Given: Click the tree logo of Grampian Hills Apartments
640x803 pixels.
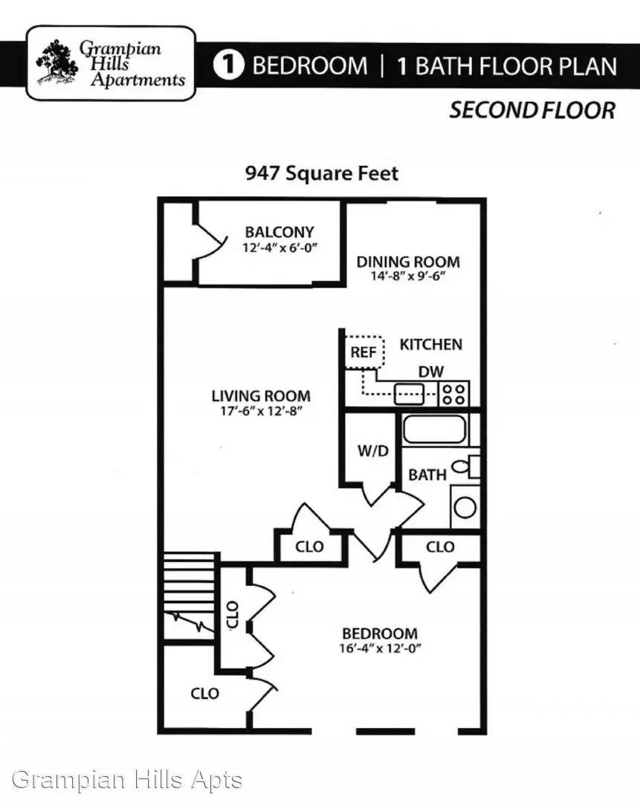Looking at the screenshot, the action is coord(56,62).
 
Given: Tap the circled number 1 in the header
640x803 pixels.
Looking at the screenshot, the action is coord(228,65).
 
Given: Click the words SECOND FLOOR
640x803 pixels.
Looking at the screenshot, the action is coord(532,111).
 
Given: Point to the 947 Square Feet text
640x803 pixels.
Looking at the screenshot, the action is coord(322,173).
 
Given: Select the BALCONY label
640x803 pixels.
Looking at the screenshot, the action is coord(279,232).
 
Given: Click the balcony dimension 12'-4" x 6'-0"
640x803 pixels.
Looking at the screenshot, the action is coord(279,248).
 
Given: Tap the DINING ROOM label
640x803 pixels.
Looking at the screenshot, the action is coord(408,262).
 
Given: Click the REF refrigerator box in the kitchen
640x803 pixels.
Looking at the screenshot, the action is coord(364,352).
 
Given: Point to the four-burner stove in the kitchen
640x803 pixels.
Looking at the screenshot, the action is coord(453,394).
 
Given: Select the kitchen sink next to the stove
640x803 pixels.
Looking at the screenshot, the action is coord(409,394).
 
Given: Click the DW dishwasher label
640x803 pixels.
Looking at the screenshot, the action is coord(430,371).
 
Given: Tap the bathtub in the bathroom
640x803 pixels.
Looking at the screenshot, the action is coord(435,430).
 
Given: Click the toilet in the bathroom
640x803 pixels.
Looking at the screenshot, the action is coord(467,466).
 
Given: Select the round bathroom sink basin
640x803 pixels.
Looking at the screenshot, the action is coord(465,507).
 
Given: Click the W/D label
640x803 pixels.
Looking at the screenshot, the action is coord(372,451).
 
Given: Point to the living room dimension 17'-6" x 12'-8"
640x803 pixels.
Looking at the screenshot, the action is coord(261,410).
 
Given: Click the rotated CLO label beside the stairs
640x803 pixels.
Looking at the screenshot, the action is coord(232,615).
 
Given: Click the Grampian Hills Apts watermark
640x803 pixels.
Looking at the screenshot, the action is coord(126,779).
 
